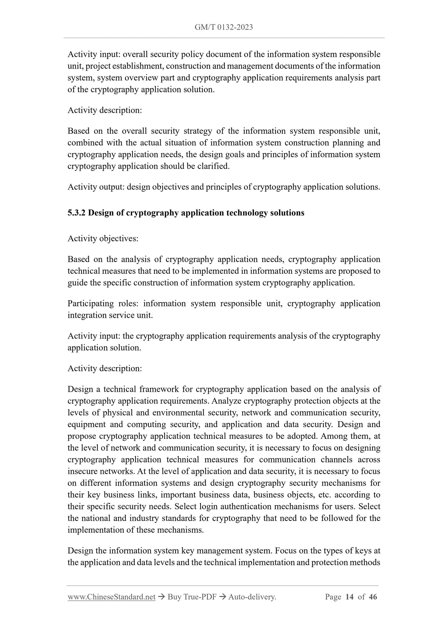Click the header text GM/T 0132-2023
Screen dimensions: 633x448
pos(224,27)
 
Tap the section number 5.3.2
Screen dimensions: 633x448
pos(77,213)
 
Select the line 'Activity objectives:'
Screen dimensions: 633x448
pos(103,239)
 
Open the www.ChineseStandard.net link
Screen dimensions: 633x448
pos(111,597)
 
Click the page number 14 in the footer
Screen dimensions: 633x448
pos(349,597)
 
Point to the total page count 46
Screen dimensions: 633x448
pos(373,597)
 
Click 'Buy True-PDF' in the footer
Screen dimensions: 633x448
pos(192,597)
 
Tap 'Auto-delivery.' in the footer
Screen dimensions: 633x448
pos(252,597)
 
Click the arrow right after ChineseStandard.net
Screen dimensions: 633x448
pos(161,597)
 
